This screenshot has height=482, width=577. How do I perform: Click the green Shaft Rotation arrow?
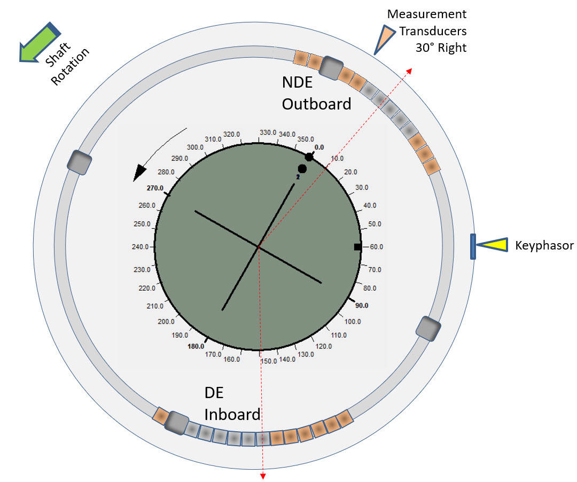pyautogui.click(x=38, y=42)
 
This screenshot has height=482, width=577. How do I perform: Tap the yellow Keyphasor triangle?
pyautogui.click(x=492, y=245)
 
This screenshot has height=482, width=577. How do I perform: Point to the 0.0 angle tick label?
pyautogui.click(x=319, y=147)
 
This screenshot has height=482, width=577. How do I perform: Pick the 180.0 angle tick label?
pyautogui.click(x=196, y=346)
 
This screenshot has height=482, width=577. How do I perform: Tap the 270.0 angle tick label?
pyautogui.click(x=155, y=188)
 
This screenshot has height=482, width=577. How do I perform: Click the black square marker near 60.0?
pyautogui.click(x=357, y=246)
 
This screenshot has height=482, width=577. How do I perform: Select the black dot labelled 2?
pyautogui.click(x=302, y=169)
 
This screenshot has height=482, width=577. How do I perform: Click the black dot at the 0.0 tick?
pyautogui.click(x=309, y=157)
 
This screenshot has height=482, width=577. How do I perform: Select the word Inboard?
pyautogui.click(x=232, y=414)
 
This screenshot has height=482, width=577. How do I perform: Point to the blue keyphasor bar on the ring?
pyautogui.click(x=473, y=246)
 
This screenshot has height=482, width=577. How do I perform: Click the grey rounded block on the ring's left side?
pyautogui.click(x=80, y=162)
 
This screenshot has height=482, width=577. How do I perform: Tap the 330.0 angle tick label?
pyautogui.click(x=268, y=133)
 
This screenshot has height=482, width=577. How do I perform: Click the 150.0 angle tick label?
pyautogui.click(x=268, y=361)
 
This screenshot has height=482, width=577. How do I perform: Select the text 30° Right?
pyautogui.click(x=441, y=48)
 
